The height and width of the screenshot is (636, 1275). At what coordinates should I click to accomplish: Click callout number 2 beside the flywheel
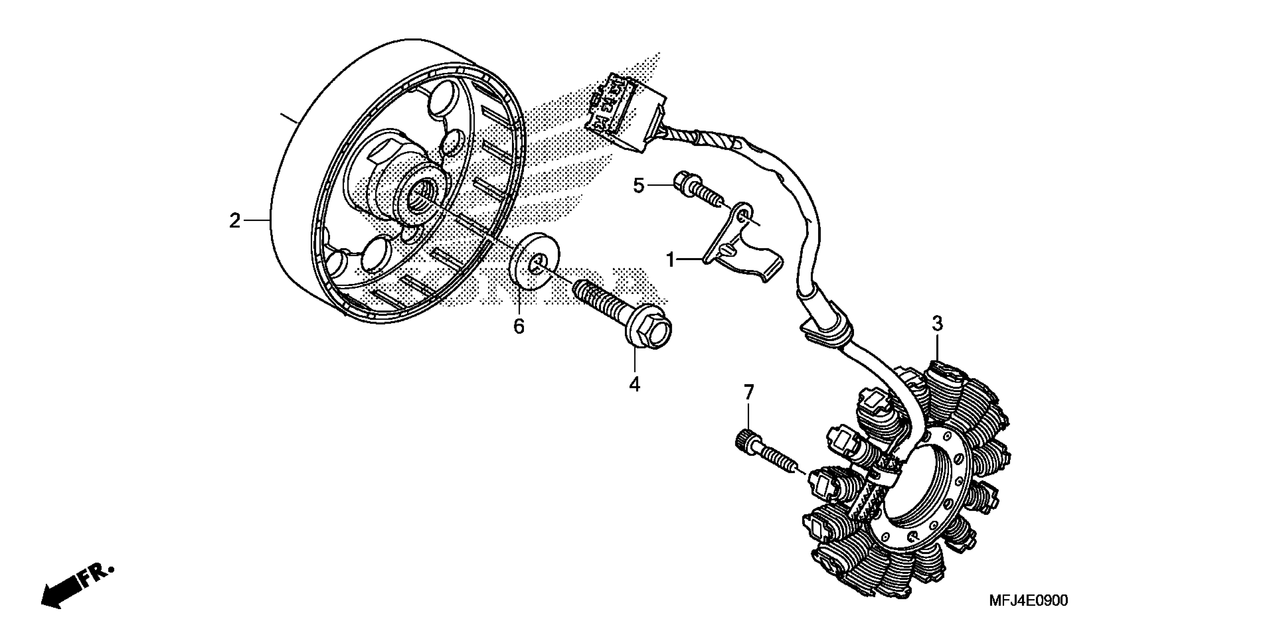(235, 221)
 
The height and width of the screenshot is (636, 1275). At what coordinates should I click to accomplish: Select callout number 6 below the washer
(519, 327)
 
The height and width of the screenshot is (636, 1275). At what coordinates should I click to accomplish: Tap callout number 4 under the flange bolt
(635, 384)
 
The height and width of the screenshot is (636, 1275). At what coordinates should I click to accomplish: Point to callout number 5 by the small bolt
(639, 186)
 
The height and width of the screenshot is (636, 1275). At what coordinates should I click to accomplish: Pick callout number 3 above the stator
(937, 324)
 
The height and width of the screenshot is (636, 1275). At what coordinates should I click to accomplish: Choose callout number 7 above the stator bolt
(749, 393)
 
